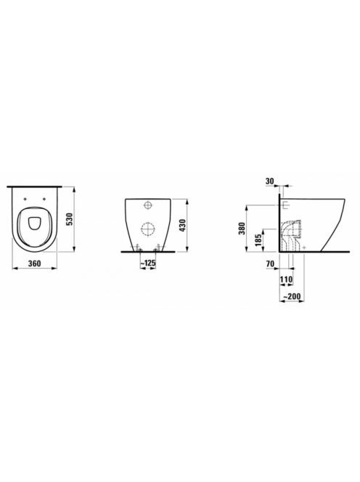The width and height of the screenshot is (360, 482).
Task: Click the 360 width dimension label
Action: (x=34, y=264)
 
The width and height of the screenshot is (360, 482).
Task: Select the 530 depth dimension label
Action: (x=70, y=219)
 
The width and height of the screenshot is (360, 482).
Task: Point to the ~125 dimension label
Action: (x=148, y=263)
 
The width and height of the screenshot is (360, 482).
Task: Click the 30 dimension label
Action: (x=269, y=181)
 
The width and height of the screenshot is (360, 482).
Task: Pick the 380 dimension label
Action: (x=242, y=229)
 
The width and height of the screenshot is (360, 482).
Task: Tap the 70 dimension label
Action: (x=270, y=264)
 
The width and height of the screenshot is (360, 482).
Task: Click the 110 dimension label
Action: (x=286, y=279)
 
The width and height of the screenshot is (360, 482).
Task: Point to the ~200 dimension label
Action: (x=291, y=297)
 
